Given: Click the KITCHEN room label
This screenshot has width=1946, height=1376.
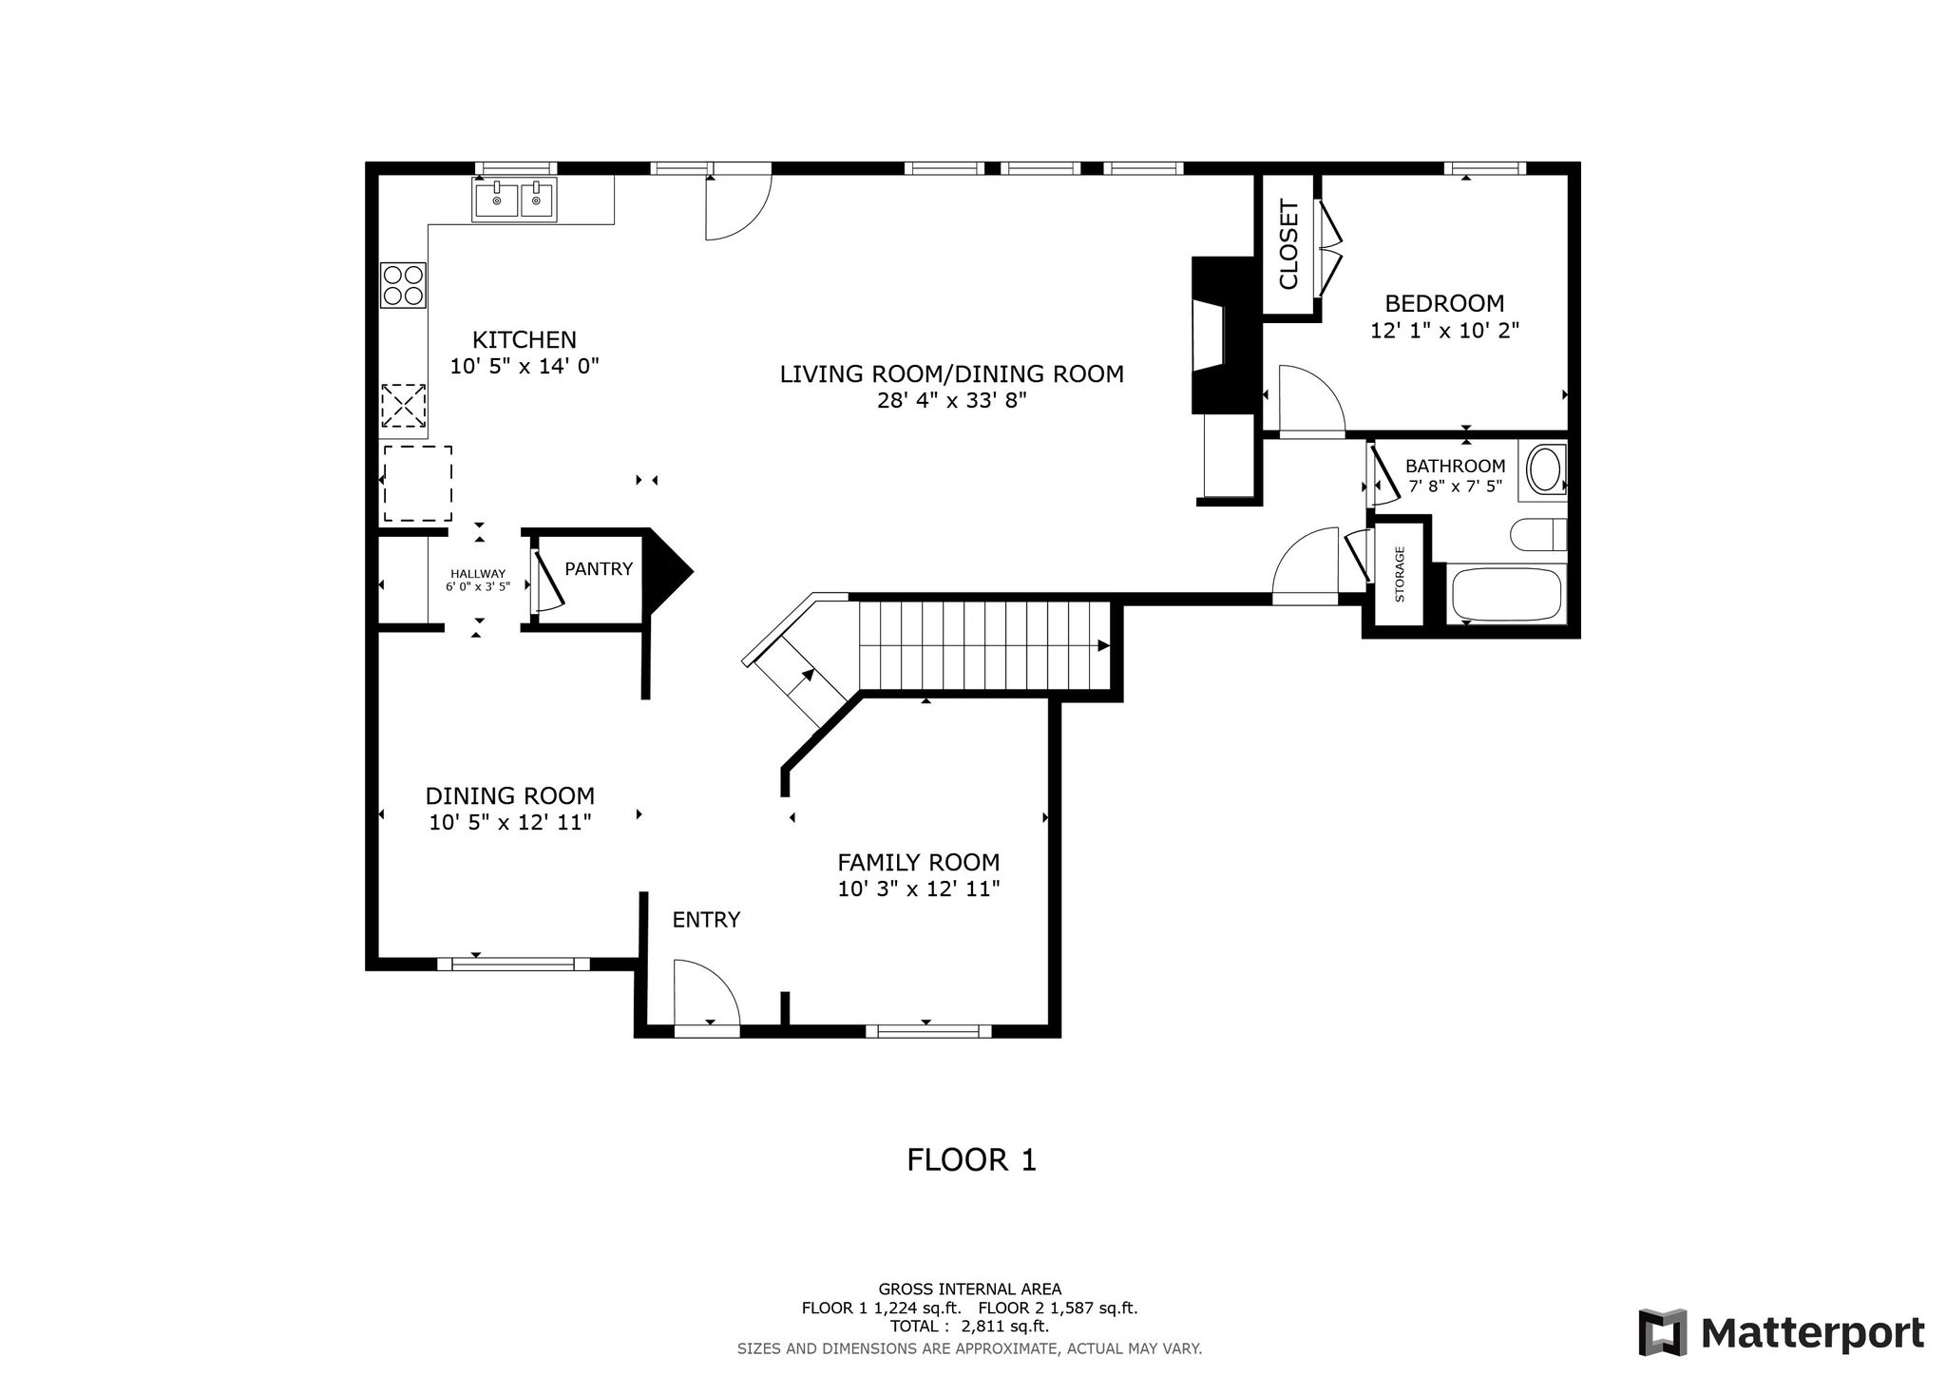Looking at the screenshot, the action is pyautogui.click(x=525, y=339).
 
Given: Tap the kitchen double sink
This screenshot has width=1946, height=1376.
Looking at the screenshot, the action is pyautogui.click(x=516, y=201).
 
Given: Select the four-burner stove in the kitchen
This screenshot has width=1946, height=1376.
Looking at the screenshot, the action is pyautogui.click(x=403, y=285).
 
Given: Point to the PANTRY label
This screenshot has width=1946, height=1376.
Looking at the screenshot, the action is pyautogui.click(x=599, y=568).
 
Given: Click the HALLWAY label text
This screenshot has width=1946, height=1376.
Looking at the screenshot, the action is pyautogui.click(x=478, y=573).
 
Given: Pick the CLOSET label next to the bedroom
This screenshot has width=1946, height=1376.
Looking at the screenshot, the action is pyautogui.click(x=1288, y=244).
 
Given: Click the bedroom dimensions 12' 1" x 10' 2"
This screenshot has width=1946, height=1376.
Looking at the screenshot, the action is pyautogui.click(x=1444, y=331).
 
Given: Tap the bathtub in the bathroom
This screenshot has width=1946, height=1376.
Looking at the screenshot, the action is pyautogui.click(x=1508, y=594).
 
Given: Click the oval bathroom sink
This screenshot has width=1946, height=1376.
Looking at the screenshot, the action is pyautogui.click(x=1545, y=470).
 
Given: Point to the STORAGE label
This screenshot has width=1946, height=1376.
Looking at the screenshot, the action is pyautogui.click(x=1400, y=575).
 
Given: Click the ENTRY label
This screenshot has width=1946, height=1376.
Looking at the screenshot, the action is pyautogui.click(x=706, y=920).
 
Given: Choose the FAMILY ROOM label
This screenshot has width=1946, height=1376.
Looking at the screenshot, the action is pyautogui.click(x=918, y=863).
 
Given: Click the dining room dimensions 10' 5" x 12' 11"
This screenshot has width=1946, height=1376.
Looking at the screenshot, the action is pyautogui.click(x=510, y=823).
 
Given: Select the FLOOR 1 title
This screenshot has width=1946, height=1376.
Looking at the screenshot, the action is pyautogui.click(x=971, y=1160).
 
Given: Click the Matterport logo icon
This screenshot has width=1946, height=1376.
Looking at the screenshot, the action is pyautogui.click(x=1662, y=1333).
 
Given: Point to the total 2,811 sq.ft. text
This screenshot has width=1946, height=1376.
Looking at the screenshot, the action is pyautogui.click(x=969, y=1327).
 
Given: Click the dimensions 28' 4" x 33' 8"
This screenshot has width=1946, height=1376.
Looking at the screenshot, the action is pyautogui.click(x=952, y=401).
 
